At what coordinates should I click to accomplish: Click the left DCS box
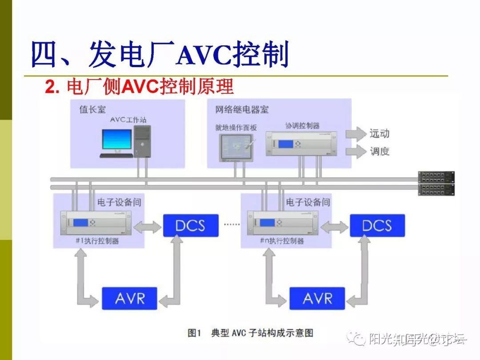pos(191,225)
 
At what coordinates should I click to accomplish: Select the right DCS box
pos(377,225)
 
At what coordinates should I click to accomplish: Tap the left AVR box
pos(130,298)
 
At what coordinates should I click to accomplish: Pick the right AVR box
pos(317,298)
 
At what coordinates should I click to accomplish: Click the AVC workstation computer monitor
pos(117,140)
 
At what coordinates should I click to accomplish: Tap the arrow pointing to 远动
pos(355,133)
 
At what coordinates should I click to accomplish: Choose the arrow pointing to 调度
pos(355,151)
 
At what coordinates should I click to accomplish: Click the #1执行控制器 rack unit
pos(96,223)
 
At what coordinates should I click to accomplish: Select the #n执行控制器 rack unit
pos(283,223)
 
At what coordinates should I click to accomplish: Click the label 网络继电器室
pos(242,109)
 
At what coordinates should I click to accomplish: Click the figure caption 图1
pos(195,333)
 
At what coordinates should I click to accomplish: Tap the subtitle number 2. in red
pos(52,87)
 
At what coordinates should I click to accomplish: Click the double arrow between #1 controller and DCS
pos(148,228)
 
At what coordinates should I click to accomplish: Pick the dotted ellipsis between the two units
pos(231,224)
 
